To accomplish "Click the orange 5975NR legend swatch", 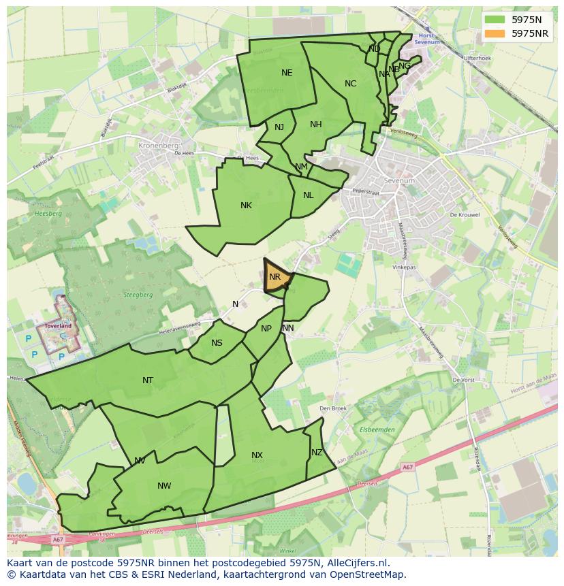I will coord(495,33).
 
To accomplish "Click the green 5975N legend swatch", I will coord(495,20).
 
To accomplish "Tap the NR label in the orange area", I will coord(275,277).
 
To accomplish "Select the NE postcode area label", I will coord(287,73).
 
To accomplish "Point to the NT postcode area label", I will coord(148,380).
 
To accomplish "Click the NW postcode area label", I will coord(164,486).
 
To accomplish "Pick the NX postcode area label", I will coord(257,455).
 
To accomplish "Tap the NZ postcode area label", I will coord(317,453).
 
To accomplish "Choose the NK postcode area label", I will coord(246,206).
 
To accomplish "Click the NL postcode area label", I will coord(309,195).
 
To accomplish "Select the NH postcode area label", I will coord(315,125).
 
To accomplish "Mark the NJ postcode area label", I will coord(279,127).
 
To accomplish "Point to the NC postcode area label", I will coord(350,84).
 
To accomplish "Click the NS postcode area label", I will coord(217,343).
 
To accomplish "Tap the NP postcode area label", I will coord(266,329).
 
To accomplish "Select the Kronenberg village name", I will coord(158,146).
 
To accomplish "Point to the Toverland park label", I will coord(58,326).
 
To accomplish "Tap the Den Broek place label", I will coord(333,409).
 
